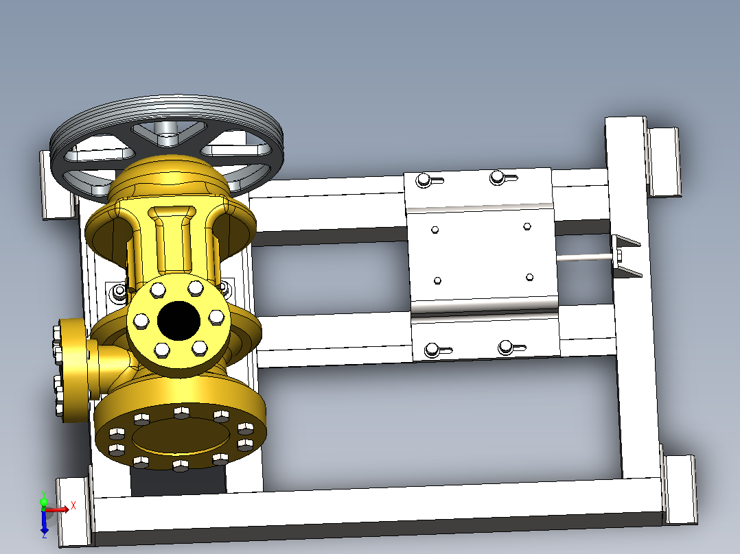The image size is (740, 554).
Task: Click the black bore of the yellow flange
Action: pyautogui.click(x=178, y=321)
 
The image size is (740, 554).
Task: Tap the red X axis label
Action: pyautogui.click(x=73, y=507)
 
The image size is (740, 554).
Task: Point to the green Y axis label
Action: pyautogui.click(x=44, y=494)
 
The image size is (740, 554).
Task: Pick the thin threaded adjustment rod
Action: pyautogui.click(x=586, y=257)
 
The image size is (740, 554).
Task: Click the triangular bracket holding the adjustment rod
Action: pyautogui.click(x=626, y=256)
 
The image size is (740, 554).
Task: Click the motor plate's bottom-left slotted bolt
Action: pyautogui.click(x=432, y=350)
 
